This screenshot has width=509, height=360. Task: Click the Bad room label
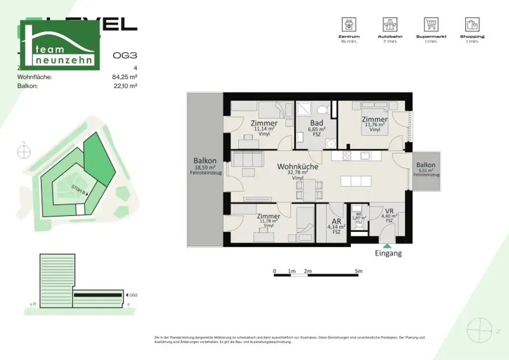coord(317,123)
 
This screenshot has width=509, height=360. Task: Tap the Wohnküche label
coord(298,167)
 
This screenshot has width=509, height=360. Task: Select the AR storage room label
coord(337,222)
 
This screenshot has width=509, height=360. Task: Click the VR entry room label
coord(389,211)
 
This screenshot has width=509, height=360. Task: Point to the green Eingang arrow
coord(386,245)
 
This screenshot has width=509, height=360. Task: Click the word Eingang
coord(388,253)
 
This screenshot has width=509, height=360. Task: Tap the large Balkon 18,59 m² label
coord(205,161)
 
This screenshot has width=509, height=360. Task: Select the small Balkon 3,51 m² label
coord(426,165)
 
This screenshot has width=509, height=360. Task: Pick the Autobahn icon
coord(390,24)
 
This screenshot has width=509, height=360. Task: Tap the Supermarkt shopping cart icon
coord(431,24)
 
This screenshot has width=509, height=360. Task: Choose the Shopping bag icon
coord(472,24)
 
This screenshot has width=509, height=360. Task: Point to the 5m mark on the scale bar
coord(359,271)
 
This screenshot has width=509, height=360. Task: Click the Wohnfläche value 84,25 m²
coord(125,77)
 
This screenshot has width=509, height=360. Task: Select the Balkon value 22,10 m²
coord(125,86)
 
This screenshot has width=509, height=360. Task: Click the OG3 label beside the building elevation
coord(133,295)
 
